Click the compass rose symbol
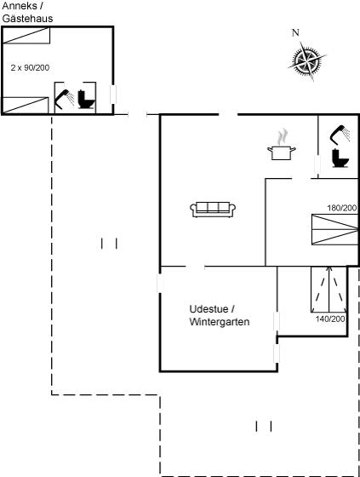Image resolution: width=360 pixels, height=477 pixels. click(x=307, y=60)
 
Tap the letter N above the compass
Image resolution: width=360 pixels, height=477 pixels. click(x=295, y=32)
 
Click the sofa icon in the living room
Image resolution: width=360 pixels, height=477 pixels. click(x=213, y=210)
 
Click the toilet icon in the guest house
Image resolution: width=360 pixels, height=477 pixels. click(x=86, y=99)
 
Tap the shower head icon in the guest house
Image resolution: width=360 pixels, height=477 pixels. click(x=65, y=99)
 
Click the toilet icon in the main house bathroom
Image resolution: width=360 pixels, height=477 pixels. click(x=340, y=158)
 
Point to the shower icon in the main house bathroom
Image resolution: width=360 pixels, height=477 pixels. click(x=340, y=134)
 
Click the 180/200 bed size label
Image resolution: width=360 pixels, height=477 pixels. click(x=342, y=208)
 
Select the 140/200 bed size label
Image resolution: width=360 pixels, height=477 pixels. click(x=330, y=319)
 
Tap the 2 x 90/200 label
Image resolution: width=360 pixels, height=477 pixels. click(x=30, y=67)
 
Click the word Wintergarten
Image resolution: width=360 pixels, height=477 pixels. click(x=220, y=322)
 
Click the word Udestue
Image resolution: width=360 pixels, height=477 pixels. click(x=209, y=308)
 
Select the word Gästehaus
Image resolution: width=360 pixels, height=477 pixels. click(x=27, y=18)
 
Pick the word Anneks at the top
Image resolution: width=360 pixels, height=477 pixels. click(x=20, y=5)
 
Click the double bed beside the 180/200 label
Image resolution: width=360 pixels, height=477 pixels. click(x=334, y=229)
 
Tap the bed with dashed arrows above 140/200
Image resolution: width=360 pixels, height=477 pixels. click(x=329, y=290)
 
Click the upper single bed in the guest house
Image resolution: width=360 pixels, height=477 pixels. click(x=26, y=36)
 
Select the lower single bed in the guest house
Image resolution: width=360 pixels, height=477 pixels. click(x=26, y=106)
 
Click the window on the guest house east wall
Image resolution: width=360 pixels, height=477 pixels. click(x=113, y=95)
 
